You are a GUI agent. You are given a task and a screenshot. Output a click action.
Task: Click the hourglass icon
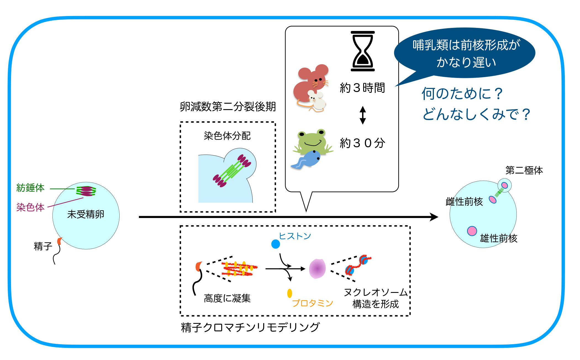point(363,51)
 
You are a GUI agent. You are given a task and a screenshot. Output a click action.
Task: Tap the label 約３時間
point(362,88)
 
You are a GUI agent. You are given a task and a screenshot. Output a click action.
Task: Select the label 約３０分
point(362,143)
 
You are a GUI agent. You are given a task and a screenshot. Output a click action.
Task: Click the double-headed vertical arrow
point(363,115)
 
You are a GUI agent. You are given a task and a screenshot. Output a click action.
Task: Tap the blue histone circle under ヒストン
point(276,244)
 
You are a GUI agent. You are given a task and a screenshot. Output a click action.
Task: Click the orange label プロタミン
point(312,303)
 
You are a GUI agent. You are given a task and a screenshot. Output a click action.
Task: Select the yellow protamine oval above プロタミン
point(289,293)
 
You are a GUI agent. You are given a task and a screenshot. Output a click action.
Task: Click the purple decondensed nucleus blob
point(317,269)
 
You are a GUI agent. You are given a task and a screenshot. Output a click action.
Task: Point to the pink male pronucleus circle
point(472,231)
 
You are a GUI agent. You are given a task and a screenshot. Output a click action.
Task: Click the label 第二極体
point(524,170)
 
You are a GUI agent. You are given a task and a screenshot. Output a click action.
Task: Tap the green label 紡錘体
point(30,188)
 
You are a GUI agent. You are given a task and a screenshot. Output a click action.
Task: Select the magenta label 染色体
point(30,207)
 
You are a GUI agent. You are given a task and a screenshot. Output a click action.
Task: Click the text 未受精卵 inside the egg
point(86,214)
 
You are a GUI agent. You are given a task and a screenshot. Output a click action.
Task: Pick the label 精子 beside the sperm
point(43,246)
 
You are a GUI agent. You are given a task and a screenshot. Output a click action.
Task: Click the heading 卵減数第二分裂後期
point(228,106)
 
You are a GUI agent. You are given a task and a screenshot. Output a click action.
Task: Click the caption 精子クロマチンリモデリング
point(250,327)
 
